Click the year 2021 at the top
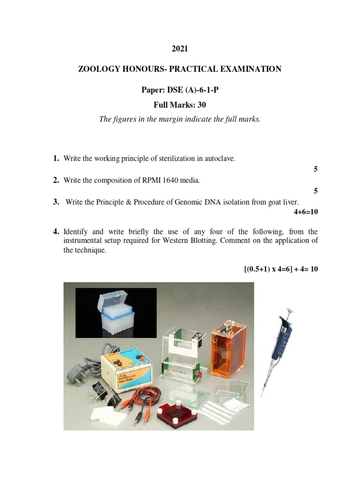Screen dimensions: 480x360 [x=180, y=48]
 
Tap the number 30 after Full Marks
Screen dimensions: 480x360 [x=202, y=105]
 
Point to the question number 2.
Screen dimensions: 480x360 [x=56, y=180]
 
